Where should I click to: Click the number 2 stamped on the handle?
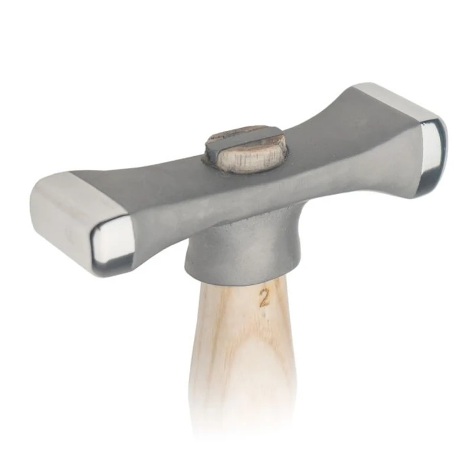pyautogui.click(x=264, y=298)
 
